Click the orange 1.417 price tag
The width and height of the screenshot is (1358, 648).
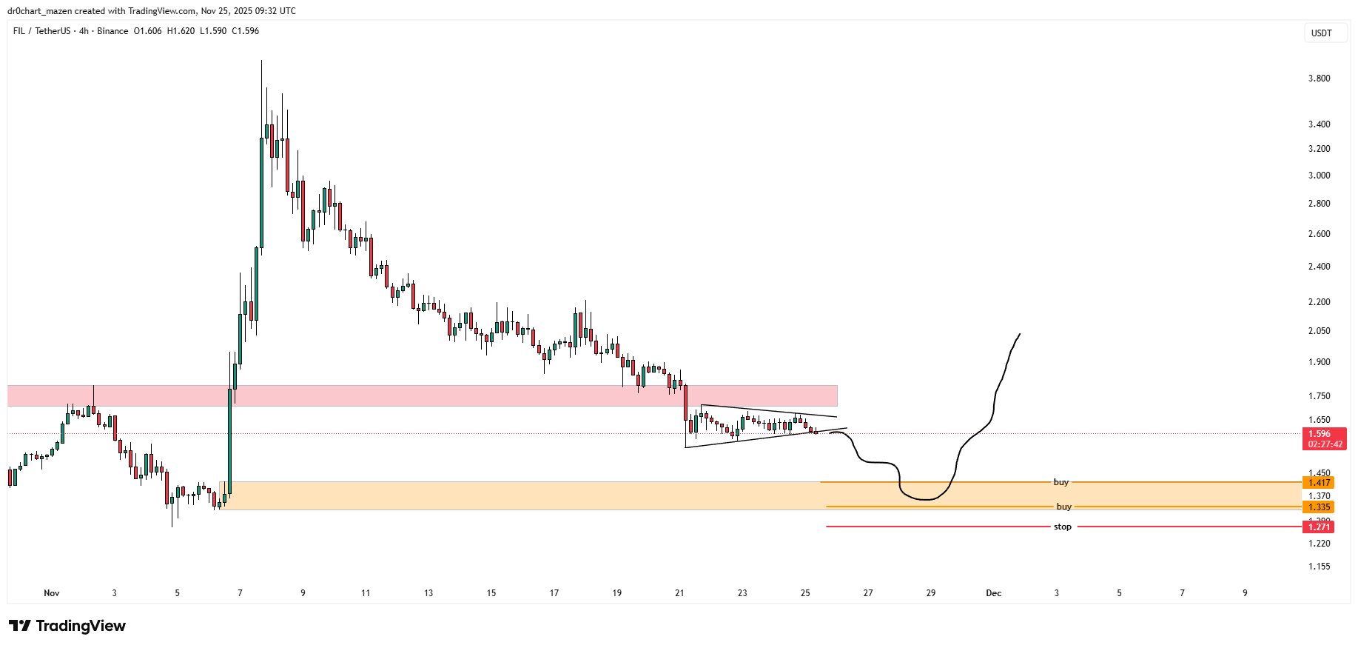(x=1319, y=483)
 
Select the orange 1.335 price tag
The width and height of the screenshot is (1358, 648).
(x=1319, y=507)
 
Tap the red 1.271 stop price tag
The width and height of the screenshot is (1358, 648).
(x=1319, y=527)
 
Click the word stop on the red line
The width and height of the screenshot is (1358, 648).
(x=1062, y=527)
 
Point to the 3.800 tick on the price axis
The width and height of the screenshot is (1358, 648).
(x=1319, y=79)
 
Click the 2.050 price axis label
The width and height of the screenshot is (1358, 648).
(x=1319, y=331)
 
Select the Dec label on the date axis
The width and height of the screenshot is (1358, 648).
(x=993, y=593)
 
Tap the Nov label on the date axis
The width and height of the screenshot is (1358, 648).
(x=51, y=593)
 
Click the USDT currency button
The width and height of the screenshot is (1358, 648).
(x=1321, y=33)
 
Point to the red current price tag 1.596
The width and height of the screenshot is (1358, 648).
(x=1319, y=435)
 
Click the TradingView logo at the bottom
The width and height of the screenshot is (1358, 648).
(x=67, y=627)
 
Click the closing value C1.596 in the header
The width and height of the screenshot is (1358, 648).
(x=245, y=31)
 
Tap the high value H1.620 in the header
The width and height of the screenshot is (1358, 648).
(x=181, y=31)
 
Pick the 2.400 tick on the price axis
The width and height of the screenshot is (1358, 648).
(x=1319, y=267)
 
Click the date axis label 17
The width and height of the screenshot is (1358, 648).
(x=554, y=593)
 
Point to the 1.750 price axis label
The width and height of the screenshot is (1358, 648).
(x=1319, y=397)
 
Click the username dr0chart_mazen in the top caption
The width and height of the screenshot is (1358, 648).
(x=38, y=11)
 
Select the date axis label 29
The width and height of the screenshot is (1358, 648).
(x=931, y=593)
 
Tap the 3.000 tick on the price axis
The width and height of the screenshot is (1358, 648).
(x=1319, y=176)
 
